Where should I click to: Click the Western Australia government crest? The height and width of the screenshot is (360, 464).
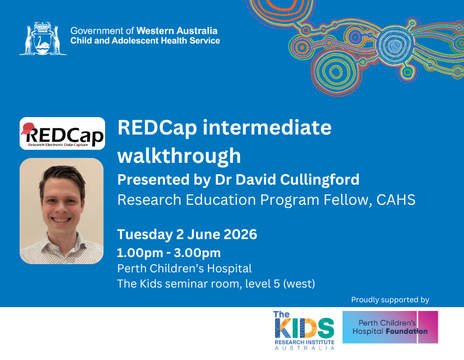(x=43, y=39)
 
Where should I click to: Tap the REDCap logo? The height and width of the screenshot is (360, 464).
(x=62, y=133)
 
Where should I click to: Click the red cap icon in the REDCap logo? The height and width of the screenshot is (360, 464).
(x=28, y=128)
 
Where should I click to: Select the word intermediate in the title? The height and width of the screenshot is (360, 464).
(x=267, y=128)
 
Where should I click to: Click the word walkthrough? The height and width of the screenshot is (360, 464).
(x=179, y=156)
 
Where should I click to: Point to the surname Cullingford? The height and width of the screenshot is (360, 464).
(x=320, y=180)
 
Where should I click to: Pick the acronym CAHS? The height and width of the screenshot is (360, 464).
(x=396, y=200)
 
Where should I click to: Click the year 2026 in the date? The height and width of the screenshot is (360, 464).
(x=240, y=235)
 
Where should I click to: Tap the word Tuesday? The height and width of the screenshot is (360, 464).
(x=145, y=235)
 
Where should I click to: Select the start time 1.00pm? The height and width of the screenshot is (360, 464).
(x=140, y=253)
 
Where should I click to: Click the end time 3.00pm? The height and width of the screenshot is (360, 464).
(x=197, y=253)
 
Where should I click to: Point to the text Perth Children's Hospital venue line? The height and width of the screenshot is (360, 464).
(x=185, y=269)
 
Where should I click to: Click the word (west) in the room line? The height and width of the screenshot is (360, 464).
(x=299, y=284)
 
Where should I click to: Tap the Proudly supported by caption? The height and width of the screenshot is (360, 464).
(x=390, y=300)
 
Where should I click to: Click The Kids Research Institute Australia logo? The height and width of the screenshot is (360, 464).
(x=304, y=331)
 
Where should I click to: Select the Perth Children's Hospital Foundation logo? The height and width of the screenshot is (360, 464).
(x=390, y=327)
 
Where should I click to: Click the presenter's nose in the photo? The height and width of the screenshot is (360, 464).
(x=62, y=206)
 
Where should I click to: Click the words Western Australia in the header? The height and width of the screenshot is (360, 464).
(x=177, y=31)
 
